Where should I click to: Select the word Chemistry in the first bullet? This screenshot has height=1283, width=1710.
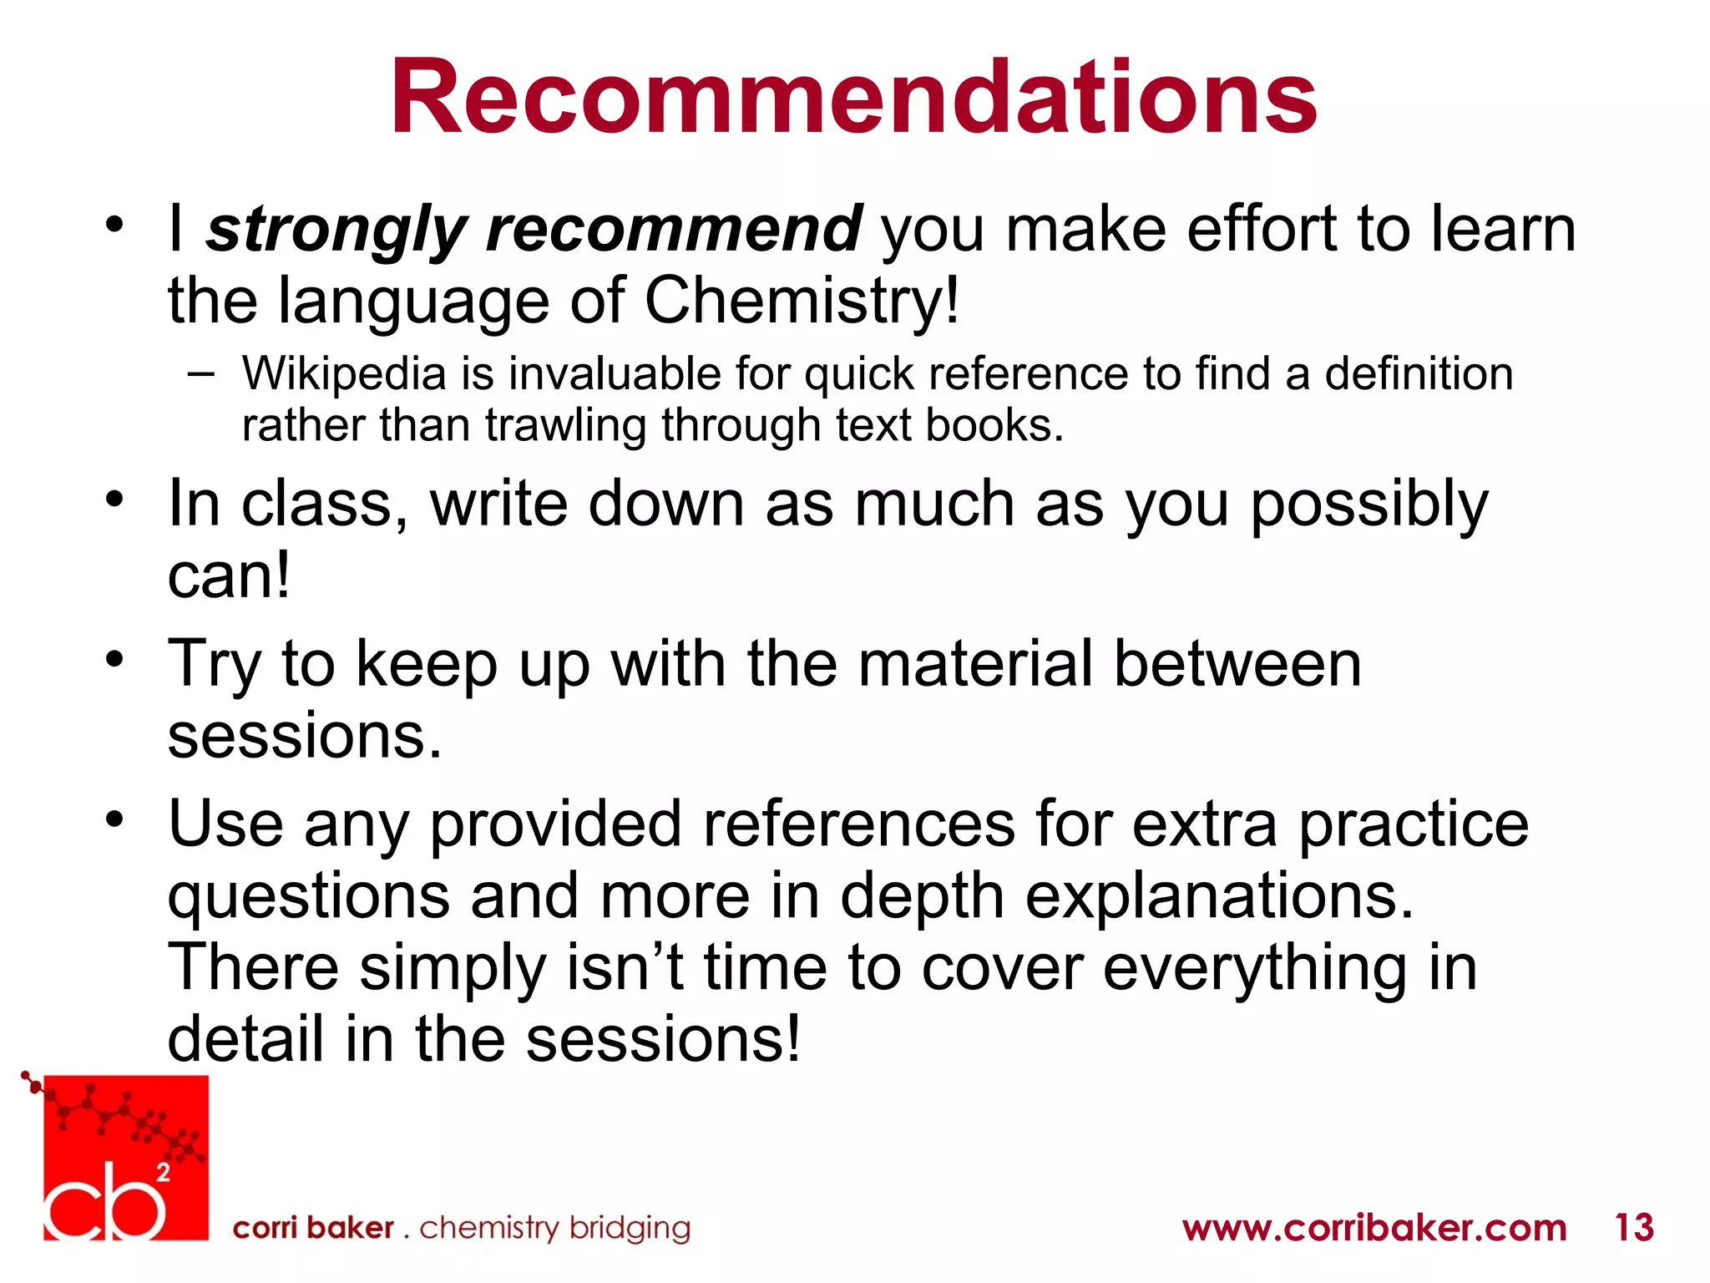pos(802,301)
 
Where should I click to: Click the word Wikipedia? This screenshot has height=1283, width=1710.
pos(344,374)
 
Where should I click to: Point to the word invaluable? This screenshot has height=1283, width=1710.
pos(615,373)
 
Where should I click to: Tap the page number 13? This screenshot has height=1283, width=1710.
pos(1634,1228)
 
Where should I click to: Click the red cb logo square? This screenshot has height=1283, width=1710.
pos(125,1158)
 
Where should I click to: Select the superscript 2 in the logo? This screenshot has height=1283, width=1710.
pos(164,1173)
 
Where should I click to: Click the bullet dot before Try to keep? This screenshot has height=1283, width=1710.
pos(114,658)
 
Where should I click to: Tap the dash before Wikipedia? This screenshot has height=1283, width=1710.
pos(200,373)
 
